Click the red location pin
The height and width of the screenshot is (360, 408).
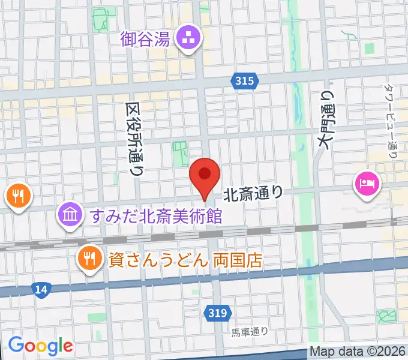point(205,175)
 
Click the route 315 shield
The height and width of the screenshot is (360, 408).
point(245,81)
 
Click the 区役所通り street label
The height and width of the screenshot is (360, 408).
point(134,139)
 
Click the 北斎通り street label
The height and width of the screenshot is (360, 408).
point(253,193)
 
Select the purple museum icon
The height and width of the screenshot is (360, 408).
point(71,214)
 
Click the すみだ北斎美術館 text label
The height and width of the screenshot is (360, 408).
point(156,215)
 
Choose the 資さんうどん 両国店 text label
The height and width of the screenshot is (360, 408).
point(185,260)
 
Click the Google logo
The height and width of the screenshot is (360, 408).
point(40,346)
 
